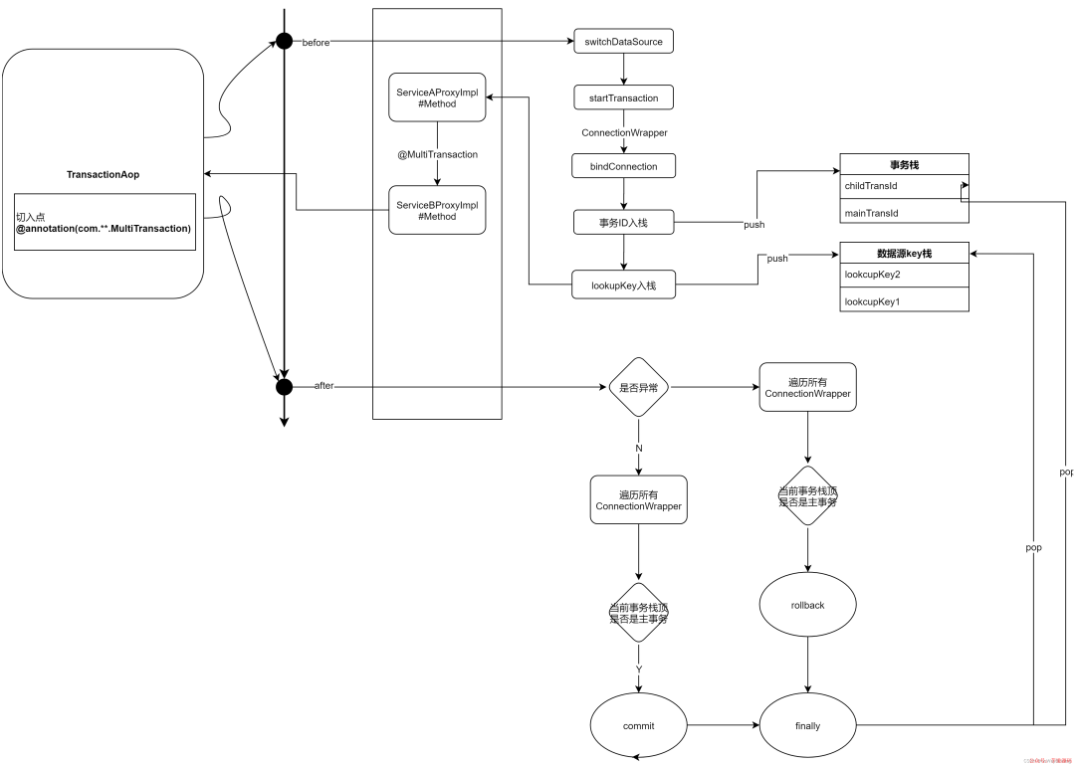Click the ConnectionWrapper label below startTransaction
click(x=624, y=132)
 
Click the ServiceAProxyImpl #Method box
click(x=437, y=97)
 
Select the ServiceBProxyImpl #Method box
click(x=437, y=210)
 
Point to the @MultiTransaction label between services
click(x=437, y=154)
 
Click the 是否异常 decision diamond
click(x=639, y=387)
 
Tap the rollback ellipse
click(x=807, y=605)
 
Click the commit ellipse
click(x=639, y=726)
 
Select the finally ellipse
click(x=807, y=726)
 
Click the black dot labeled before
click(x=285, y=42)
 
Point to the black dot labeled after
click(x=285, y=386)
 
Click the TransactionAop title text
click(x=104, y=175)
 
